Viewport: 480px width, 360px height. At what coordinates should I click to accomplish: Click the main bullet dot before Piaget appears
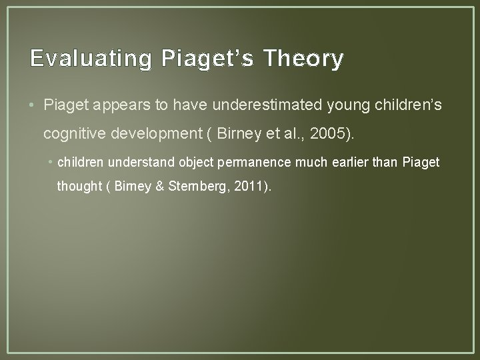(x=34, y=105)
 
